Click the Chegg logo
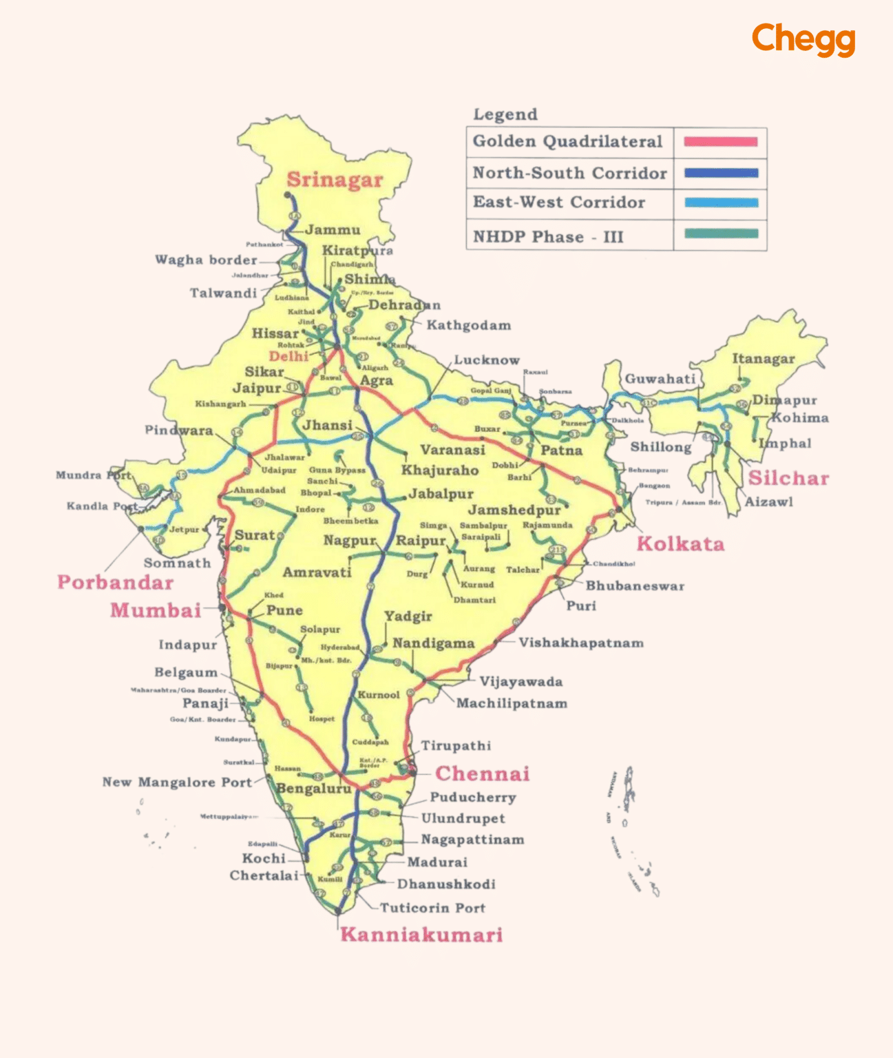[803, 39]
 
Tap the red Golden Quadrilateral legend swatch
[720, 142]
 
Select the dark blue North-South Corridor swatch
[720, 173]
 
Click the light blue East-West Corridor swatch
[720, 203]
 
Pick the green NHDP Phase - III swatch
[720, 234]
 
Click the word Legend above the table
[505, 114]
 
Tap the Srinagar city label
[335, 180]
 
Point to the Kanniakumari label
[421, 935]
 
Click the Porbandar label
[115, 583]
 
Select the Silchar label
[788, 478]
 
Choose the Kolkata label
[680, 544]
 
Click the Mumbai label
[156, 610]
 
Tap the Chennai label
[482, 774]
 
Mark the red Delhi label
[288, 356]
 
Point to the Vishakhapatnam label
[581, 643]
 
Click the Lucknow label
[487, 360]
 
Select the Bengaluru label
[313, 788]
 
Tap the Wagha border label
[206, 260]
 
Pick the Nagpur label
[350, 541]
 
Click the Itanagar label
[763, 359]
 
